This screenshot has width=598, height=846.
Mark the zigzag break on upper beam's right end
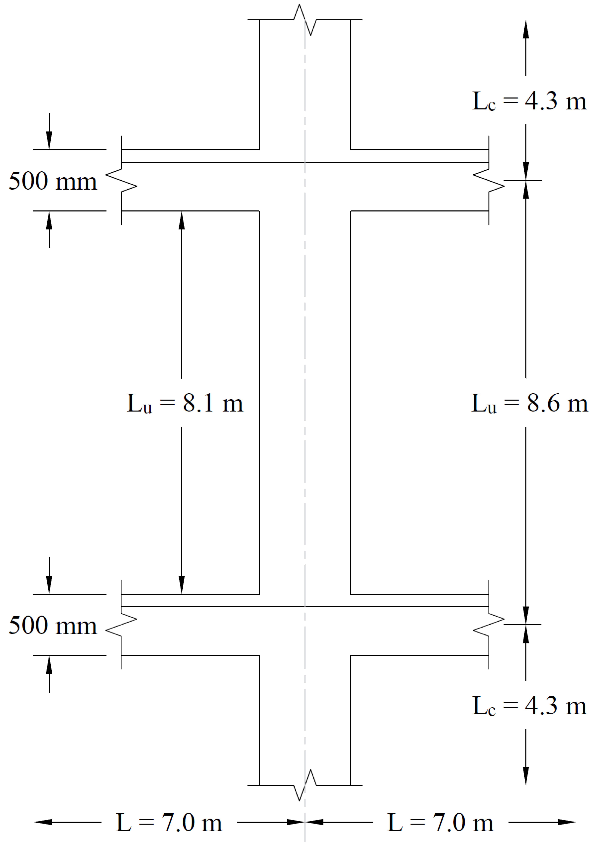point(489,181)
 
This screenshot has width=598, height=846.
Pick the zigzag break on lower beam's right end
point(489,625)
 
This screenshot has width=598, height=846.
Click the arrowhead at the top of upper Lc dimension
point(526,29)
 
